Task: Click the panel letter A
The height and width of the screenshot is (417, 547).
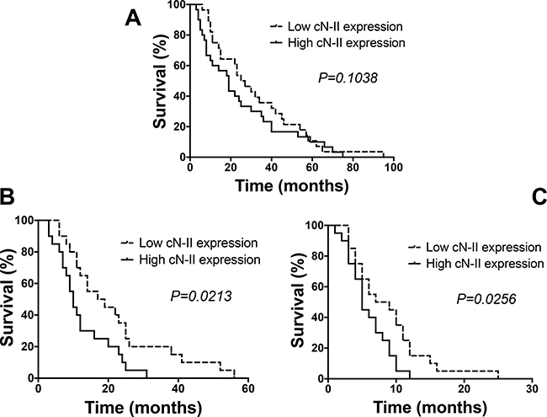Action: coord(131,18)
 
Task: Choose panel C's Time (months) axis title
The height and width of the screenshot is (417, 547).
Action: coord(428,407)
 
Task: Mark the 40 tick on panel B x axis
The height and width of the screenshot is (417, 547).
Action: coord(178,390)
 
